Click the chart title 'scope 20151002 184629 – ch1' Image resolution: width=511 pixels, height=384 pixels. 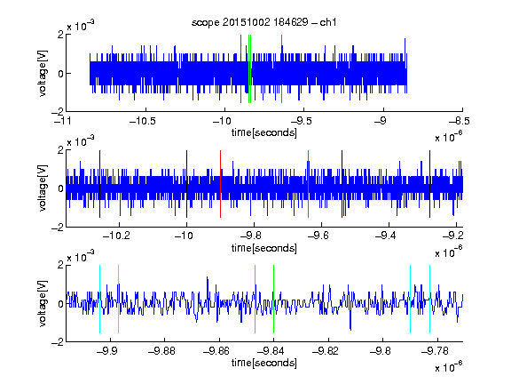tap(263, 22)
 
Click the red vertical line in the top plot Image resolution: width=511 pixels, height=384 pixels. tap(240, 69)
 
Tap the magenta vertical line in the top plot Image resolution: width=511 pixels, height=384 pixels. tap(281, 69)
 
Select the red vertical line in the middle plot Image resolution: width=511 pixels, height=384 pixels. tap(220, 184)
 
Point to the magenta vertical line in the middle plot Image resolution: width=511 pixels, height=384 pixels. tap(309, 184)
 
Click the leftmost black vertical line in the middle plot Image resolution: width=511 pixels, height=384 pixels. tap(99, 184)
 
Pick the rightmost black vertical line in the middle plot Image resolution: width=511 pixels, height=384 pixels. tap(430, 184)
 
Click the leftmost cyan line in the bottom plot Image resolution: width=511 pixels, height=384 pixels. tap(99, 299)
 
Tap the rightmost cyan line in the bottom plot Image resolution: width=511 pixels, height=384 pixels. tap(430, 299)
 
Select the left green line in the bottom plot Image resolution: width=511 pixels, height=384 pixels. tap(255, 299)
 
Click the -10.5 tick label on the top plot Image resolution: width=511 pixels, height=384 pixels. tap(143, 121)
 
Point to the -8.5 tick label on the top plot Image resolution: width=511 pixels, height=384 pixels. tap(460, 121)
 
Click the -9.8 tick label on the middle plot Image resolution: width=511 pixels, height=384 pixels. tap(255, 236)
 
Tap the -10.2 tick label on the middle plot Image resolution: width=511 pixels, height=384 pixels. tap(116, 236)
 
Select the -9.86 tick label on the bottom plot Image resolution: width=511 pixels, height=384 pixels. tap(216, 351)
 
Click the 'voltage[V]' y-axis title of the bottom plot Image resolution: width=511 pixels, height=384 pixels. tap(43, 303)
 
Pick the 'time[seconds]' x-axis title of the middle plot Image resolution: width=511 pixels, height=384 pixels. tap(264, 248)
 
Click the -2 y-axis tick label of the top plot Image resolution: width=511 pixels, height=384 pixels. tap(58, 111)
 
